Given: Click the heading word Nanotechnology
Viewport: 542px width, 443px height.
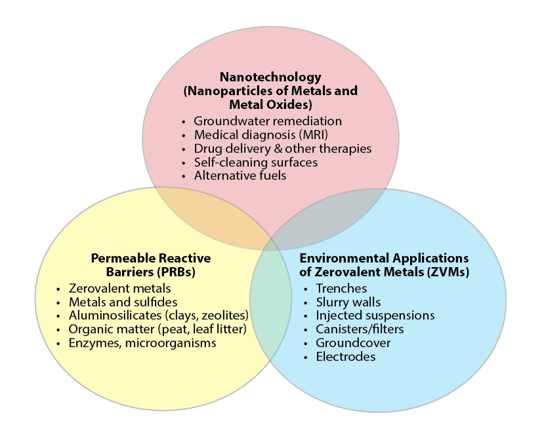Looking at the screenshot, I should [x=270, y=77].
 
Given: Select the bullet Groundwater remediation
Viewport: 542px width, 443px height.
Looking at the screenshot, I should [x=268, y=121].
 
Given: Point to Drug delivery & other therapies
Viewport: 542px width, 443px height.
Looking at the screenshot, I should [x=282, y=148].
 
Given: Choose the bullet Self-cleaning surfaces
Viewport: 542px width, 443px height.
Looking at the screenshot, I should [x=255, y=162].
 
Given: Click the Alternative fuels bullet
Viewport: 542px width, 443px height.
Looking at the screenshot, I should [x=240, y=176].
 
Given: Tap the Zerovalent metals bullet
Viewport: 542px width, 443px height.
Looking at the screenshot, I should [x=119, y=288].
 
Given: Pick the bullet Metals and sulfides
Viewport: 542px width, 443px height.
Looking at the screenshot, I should [x=123, y=302].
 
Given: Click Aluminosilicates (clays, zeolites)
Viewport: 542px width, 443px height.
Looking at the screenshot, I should [x=158, y=316].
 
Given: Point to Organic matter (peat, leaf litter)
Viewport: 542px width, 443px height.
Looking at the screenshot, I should [x=157, y=329].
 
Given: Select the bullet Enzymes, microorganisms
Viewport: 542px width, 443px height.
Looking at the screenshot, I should [x=142, y=343].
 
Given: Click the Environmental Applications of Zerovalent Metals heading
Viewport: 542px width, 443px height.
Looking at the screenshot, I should [x=384, y=264].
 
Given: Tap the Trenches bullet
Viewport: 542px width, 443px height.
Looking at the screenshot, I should [x=341, y=288].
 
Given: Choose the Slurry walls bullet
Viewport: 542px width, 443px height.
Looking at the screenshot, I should [x=348, y=302].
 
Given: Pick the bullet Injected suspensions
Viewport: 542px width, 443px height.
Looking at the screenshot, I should [x=375, y=316].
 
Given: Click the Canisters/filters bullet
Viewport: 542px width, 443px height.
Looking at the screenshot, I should [x=360, y=329].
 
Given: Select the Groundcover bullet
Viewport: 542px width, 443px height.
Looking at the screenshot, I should [x=353, y=343].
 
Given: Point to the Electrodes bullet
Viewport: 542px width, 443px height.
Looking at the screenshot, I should [x=346, y=357].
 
